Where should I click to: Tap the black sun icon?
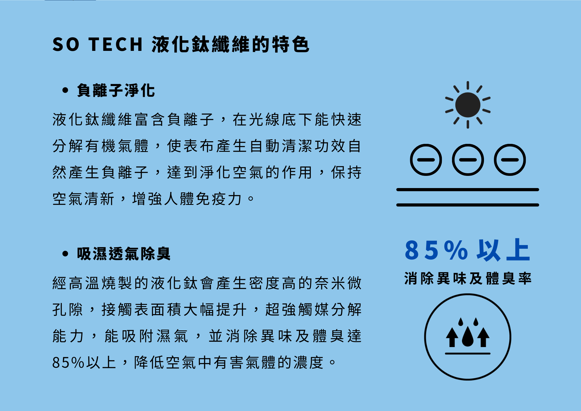click(x=468, y=105)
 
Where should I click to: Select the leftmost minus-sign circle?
click(x=426, y=160)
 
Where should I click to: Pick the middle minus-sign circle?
click(x=468, y=160)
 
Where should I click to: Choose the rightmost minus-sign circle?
click(x=510, y=160)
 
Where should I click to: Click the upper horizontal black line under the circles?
click(x=468, y=190)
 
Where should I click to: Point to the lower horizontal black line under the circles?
click(x=468, y=205)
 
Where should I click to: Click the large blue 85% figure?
click(x=436, y=250)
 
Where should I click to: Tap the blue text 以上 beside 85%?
click(x=503, y=250)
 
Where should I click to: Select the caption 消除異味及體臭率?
click(x=468, y=278)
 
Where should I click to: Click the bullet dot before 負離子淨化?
click(x=65, y=90)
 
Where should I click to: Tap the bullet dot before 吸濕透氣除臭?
click(x=65, y=253)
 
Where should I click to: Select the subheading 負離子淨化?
click(x=116, y=90)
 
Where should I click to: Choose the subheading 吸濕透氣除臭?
click(x=124, y=253)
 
